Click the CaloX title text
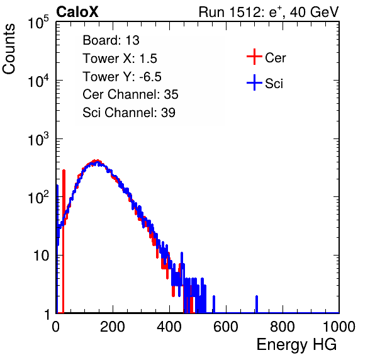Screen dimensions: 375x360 (x=77, y=12)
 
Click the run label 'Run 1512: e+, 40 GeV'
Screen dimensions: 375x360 (x=269, y=12)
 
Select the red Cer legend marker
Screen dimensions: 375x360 (x=254, y=57)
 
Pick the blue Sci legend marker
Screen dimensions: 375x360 (x=254, y=82)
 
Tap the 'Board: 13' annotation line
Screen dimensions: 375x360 (x=111, y=40)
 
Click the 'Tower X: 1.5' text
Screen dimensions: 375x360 (x=120, y=59)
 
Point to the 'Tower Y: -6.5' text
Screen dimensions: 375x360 (x=122, y=77)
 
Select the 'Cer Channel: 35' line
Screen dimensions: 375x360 (x=130, y=94)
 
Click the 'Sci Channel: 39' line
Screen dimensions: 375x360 (x=129, y=113)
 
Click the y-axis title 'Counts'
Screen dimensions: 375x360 (x=9, y=48)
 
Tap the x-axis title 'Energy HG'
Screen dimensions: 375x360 (x=296, y=344)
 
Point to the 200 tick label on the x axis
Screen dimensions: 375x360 (x=113, y=327)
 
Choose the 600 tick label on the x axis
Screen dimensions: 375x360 (x=226, y=327)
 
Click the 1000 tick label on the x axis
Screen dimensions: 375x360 (x=339, y=327)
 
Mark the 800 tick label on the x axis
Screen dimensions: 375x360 (x=283, y=327)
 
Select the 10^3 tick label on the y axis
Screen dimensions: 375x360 (x=38, y=139)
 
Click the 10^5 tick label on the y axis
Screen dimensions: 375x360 (x=38, y=22)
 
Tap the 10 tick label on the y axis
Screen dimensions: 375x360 (x=41, y=256)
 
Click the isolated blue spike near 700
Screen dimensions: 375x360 (x=257, y=304)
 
